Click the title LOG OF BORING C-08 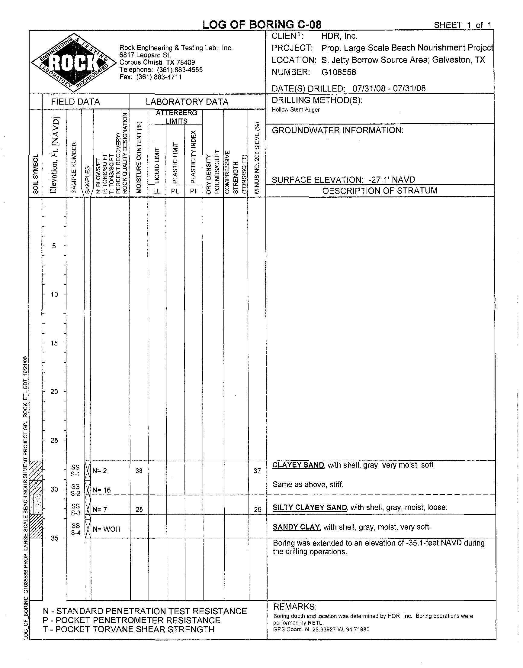262,25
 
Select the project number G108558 339,72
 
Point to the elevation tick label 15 54,343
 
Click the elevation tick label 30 54,489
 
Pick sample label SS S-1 75,471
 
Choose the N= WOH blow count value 107,529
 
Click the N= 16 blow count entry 102,490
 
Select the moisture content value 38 139,471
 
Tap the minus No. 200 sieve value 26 258,510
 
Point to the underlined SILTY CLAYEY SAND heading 310,507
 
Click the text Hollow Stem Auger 296,110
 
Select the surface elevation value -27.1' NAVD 392,180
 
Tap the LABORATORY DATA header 187,102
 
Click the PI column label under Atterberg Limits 193,191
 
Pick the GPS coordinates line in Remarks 321,629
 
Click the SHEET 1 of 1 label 462,25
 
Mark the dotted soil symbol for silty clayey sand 36,505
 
